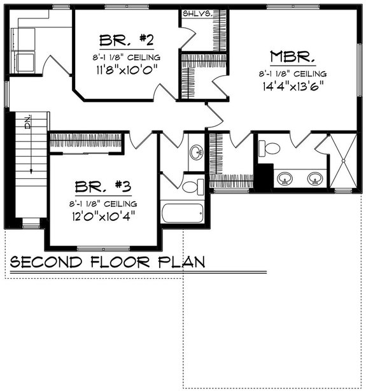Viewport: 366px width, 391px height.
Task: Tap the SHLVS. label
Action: pos(197,13)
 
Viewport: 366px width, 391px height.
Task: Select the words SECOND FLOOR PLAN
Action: pos(107,261)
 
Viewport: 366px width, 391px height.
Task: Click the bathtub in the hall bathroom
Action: pos(181,212)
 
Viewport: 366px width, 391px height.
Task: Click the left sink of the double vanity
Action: pos(286,179)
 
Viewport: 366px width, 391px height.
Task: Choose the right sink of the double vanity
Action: pos(314,179)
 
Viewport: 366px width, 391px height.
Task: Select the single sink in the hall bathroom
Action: pos(197,152)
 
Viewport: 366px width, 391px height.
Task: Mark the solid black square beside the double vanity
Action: pos(264,175)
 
